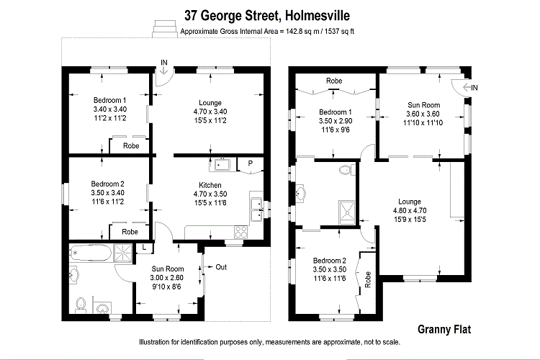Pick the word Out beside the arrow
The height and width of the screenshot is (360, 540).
[222, 267]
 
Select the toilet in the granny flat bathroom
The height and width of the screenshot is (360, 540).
[346, 171]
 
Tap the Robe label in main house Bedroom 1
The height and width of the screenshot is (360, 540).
[130, 146]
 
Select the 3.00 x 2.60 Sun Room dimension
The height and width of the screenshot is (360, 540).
[166, 278]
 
